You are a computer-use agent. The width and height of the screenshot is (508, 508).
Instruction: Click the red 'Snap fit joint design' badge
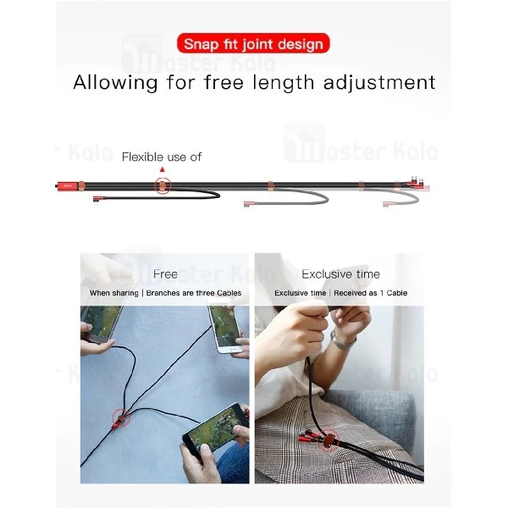[x=254, y=43]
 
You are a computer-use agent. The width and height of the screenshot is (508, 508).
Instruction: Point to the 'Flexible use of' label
[x=161, y=157]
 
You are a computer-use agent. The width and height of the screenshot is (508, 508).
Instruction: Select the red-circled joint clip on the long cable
[x=161, y=185]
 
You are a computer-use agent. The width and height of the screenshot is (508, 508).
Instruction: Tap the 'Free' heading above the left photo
[x=166, y=274]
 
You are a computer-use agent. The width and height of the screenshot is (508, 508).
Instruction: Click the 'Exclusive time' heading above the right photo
[x=340, y=274]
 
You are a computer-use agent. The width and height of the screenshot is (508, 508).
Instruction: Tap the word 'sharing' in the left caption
[x=125, y=293]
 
